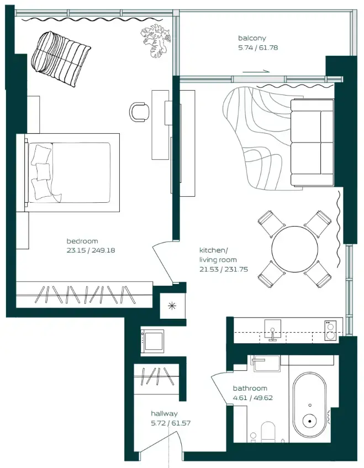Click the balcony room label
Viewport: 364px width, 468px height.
[252, 38]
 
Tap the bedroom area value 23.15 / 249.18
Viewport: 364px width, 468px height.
[91, 250]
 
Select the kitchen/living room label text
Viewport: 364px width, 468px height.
[218, 255]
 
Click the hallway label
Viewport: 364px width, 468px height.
[164, 413]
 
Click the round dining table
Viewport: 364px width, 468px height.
[295, 249]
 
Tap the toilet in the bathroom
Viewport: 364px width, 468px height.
[268, 432]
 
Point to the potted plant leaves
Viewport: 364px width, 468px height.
[155, 41]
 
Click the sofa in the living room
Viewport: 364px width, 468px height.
[312, 143]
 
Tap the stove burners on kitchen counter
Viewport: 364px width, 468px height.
[330, 330]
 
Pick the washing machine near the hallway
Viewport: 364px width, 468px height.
[153, 340]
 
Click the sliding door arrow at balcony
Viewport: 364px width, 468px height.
[256, 71]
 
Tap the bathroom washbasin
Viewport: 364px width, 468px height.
[263, 362]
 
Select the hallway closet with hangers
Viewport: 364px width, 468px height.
[157, 378]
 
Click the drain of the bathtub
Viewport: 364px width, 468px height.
[309, 422]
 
